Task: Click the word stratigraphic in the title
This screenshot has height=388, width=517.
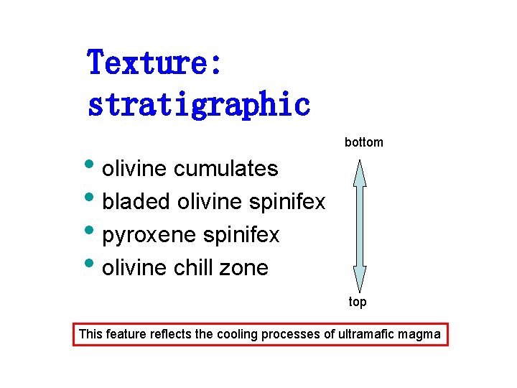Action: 199,105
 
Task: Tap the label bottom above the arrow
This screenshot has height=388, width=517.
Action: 364,142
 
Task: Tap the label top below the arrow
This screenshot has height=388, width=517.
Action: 358,302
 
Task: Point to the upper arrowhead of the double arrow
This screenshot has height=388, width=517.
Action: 360,172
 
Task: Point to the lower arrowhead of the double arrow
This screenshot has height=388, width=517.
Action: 360,278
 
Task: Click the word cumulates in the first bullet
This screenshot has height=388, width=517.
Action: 226,168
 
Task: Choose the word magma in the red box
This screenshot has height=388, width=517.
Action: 424,334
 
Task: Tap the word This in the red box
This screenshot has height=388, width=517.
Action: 90,334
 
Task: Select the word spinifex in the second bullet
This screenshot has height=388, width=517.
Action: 287,202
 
